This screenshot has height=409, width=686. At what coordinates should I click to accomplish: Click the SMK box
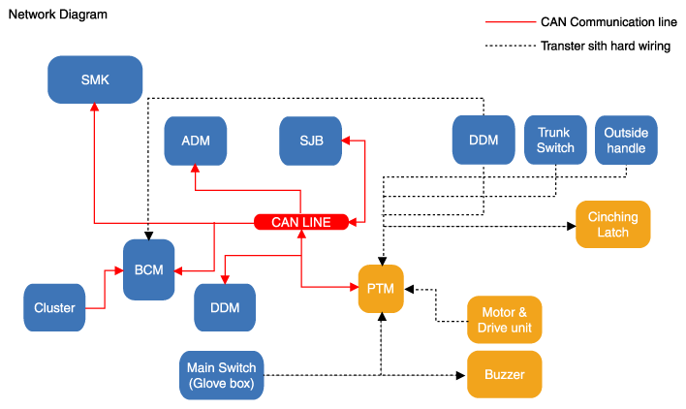point(95,80)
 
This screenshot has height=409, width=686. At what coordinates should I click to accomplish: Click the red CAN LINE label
point(300,222)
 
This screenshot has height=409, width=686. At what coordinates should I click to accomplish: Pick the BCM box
point(148,269)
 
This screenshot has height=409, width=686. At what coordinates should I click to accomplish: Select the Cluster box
point(54,307)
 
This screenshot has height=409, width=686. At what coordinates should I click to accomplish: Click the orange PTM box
point(381,288)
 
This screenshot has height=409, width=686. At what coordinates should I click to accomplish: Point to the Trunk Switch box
point(555,141)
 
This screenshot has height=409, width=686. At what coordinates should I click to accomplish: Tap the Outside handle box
point(626,141)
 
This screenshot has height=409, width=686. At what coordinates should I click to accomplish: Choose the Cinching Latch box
point(612,226)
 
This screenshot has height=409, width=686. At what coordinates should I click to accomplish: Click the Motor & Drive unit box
point(504,320)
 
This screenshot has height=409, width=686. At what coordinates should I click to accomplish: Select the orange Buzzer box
point(504,374)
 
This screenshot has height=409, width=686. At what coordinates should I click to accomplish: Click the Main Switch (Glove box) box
point(221,375)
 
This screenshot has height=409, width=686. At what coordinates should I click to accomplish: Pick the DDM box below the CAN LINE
point(225,308)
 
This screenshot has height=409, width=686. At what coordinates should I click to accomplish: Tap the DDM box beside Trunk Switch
point(483,141)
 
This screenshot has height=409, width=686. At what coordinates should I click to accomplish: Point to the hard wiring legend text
point(606,46)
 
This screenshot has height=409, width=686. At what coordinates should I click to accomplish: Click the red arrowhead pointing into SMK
point(93,110)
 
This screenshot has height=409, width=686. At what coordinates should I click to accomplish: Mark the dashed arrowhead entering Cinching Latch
point(570,227)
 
